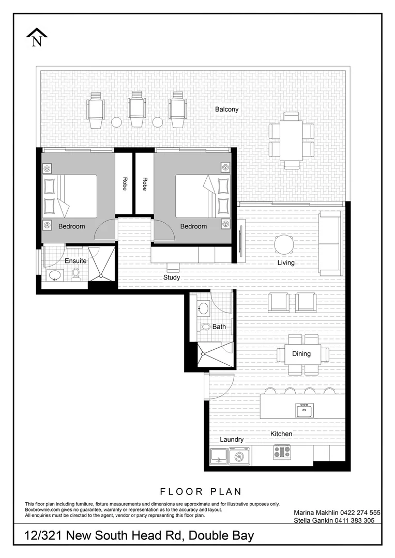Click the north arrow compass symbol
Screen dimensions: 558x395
pos(37,38)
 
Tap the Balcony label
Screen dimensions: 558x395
pos(227,110)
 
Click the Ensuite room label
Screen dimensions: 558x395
pos(75,261)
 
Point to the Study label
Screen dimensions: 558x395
pos(172,277)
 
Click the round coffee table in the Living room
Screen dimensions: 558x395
pos(284,243)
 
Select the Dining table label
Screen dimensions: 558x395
pos(301,354)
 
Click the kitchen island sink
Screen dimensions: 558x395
pos(304,411)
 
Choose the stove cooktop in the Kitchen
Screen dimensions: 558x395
pos(282,452)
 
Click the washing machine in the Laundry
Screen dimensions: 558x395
pos(239,457)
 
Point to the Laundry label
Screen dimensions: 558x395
pos(232,440)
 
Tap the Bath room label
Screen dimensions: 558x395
pos(219,327)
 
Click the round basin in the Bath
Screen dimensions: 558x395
pos(203,309)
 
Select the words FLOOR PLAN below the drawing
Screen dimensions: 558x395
pos(201,491)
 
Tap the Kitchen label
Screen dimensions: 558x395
pos(281,434)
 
